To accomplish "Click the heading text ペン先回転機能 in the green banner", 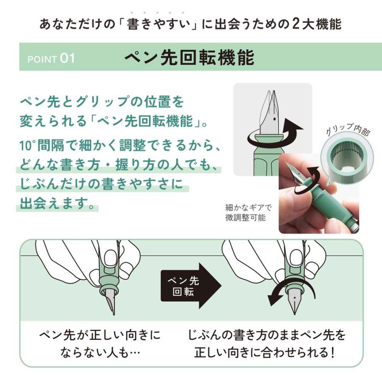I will tap(189, 58).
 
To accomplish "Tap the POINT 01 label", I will tap(51, 59).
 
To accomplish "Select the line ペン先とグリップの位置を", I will tap(102, 102).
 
